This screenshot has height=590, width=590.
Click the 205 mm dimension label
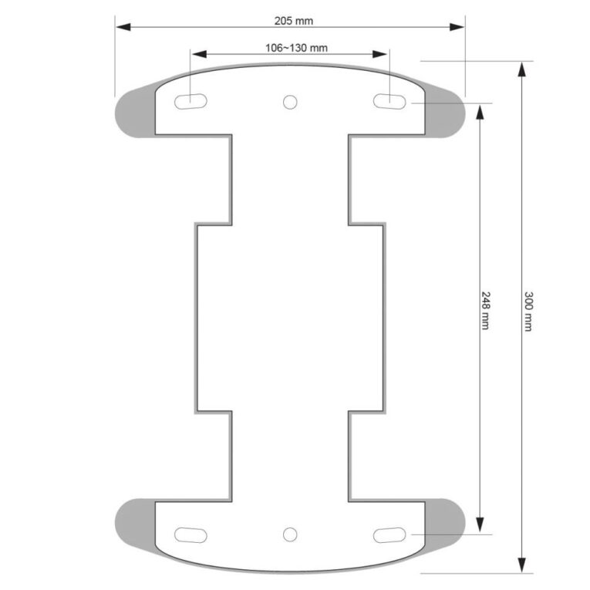[294, 21]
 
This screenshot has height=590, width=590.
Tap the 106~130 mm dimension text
[296, 48]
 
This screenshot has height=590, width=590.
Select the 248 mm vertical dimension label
[486, 311]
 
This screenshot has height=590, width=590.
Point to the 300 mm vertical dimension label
[528, 311]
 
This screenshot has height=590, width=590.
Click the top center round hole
[290, 102]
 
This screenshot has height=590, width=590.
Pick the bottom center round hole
[290, 534]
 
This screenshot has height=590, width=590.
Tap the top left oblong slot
[190, 102]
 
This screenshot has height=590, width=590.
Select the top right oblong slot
[389, 102]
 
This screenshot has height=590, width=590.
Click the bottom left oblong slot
[190, 535]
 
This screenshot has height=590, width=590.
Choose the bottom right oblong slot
[389, 535]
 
